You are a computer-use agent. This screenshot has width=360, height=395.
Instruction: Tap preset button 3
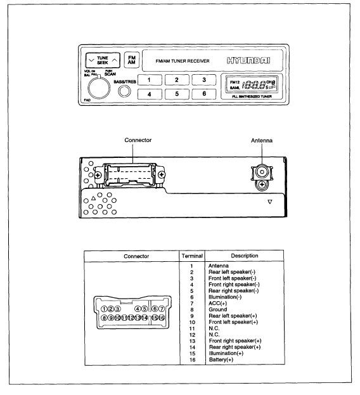(x=203, y=80)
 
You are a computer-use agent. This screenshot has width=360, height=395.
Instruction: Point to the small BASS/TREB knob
(x=124, y=91)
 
